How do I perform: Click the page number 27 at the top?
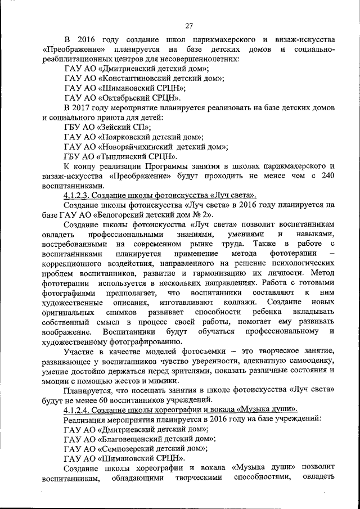[x=189, y=25]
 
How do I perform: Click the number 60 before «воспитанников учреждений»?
[x=100, y=400]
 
